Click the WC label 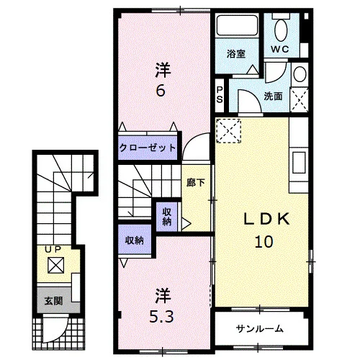click(280, 49)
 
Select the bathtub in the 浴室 click(237, 25)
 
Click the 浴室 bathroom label click(236, 54)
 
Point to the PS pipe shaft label click(220, 94)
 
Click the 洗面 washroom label click(273, 96)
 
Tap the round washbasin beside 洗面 click(300, 74)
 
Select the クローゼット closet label click(148, 148)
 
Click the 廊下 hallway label click(196, 183)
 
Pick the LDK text click(266, 219)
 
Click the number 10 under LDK click(264, 241)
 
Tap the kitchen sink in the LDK click(299, 163)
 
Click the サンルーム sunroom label click(260, 328)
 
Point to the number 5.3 click(161, 317)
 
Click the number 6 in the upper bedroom click(161, 91)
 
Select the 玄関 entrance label click(53, 301)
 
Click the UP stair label click(53, 250)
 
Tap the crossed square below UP click(56, 265)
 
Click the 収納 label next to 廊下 click(167, 217)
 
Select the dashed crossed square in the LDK click(228, 131)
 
